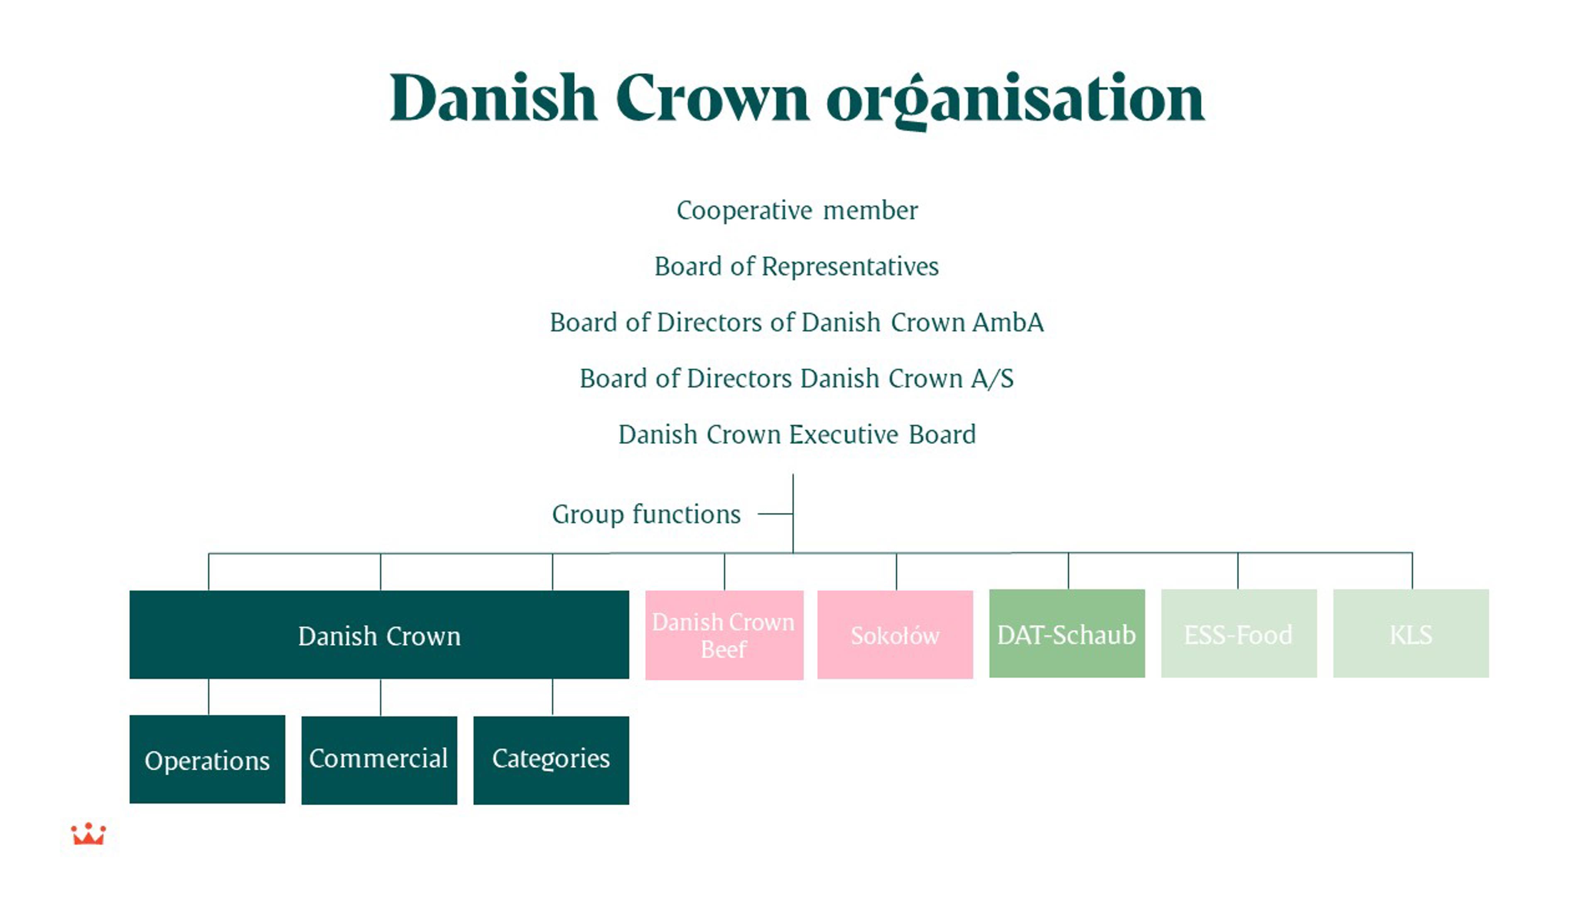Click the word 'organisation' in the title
tap(1016, 99)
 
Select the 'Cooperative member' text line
tap(797, 211)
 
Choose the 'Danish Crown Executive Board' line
tap(797, 434)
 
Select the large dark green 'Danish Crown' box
tap(379, 635)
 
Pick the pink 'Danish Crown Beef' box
tap(724, 635)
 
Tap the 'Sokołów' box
tap(895, 635)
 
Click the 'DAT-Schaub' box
tap(1066, 634)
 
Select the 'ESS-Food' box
tap(1238, 634)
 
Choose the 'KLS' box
tap(1411, 634)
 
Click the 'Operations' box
tap(207, 760)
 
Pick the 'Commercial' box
tap(379, 760)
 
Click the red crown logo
tap(88, 834)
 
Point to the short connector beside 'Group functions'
tap(775, 514)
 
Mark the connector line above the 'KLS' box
tap(1412, 571)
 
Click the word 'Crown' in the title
tap(712, 99)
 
